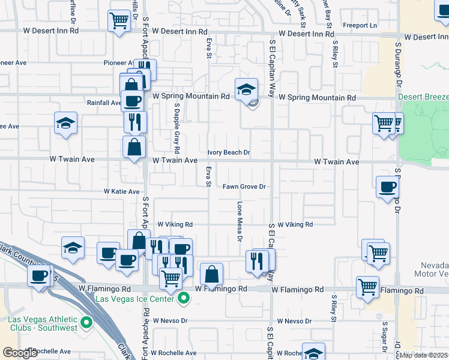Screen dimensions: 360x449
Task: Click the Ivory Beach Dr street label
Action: coord(229,152)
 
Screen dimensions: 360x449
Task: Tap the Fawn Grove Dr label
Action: coord(244,187)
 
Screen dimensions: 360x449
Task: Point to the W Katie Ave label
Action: coord(125,191)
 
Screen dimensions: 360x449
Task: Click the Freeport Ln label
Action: coord(360,25)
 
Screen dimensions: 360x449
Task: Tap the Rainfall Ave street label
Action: coord(104,103)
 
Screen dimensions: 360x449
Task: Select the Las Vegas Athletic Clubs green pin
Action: coord(86,323)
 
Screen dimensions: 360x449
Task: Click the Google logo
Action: coord(20,353)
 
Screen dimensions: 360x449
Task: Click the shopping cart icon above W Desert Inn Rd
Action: coord(119,21)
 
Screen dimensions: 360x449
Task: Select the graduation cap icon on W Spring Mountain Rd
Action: coord(246,89)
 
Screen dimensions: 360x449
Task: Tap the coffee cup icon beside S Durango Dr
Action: coord(387,187)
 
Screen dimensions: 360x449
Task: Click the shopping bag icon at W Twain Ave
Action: coord(134,146)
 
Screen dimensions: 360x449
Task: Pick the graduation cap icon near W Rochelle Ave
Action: coord(313,353)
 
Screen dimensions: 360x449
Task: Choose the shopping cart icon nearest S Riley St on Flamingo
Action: coord(367,286)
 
